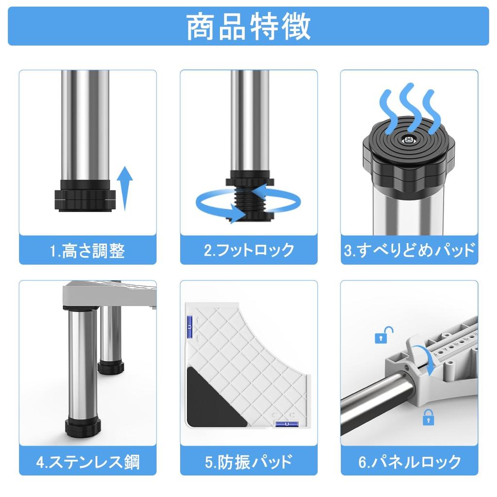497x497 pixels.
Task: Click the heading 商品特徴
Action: (x=248, y=26)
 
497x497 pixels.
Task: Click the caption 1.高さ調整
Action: (x=88, y=251)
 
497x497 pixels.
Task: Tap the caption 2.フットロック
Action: (x=249, y=250)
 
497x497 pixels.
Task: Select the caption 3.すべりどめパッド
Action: (x=409, y=250)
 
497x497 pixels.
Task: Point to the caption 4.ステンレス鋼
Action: (x=88, y=461)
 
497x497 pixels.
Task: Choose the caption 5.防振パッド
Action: (x=249, y=461)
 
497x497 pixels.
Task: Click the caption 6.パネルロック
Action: (x=409, y=461)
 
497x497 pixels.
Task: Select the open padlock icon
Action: (x=383, y=335)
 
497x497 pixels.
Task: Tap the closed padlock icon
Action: (x=428, y=417)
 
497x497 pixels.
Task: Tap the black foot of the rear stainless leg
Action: (x=111, y=366)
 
